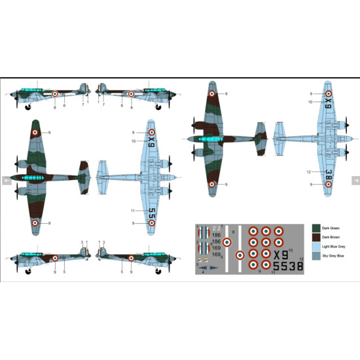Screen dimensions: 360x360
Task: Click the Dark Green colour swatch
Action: coord(317,229)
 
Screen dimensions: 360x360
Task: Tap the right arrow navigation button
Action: coord(355,180)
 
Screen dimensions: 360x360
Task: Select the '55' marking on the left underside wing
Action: coord(151,213)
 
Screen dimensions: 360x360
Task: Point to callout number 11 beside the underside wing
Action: coord(132,211)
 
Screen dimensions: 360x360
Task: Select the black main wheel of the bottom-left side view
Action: coord(28,273)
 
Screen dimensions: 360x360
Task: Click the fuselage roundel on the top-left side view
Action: coord(56,94)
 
